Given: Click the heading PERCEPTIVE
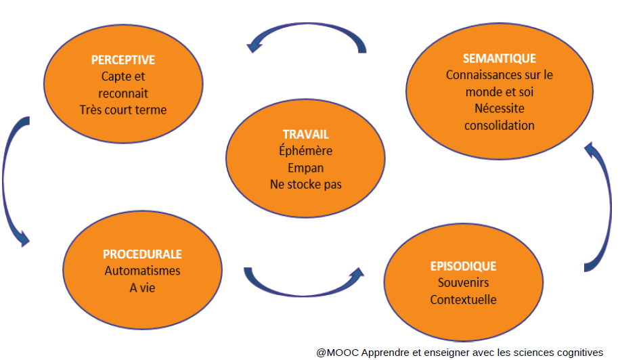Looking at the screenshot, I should pyautogui.click(x=123, y=60).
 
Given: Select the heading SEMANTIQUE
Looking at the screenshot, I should pyautogui.click(x=500, y=58).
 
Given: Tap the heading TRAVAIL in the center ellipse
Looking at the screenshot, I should pyautogui.click(x=305, y=135).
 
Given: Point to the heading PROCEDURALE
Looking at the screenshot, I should pyautogui.click(x=142, y=254).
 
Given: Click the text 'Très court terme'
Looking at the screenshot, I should pyautogui.click(x=123, y=110).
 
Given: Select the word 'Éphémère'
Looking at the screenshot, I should pyautogui.click(x=305, y=151).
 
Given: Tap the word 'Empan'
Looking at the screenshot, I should pyautogui.click(x=305, y=168).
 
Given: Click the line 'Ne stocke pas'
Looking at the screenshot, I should pyautogui.click(x=305, y=184).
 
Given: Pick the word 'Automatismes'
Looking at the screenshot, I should pyautogui.click(x=142, y=271).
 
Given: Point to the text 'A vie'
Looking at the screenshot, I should pyautogui.click(x=142, y=288).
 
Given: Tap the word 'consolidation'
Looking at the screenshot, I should pyautogui.click(x=500, y=125).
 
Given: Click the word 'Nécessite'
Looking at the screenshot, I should pyautogui.click(x=500, y=108).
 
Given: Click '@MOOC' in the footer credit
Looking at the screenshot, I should pyautogui.click(x=337, y=353).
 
